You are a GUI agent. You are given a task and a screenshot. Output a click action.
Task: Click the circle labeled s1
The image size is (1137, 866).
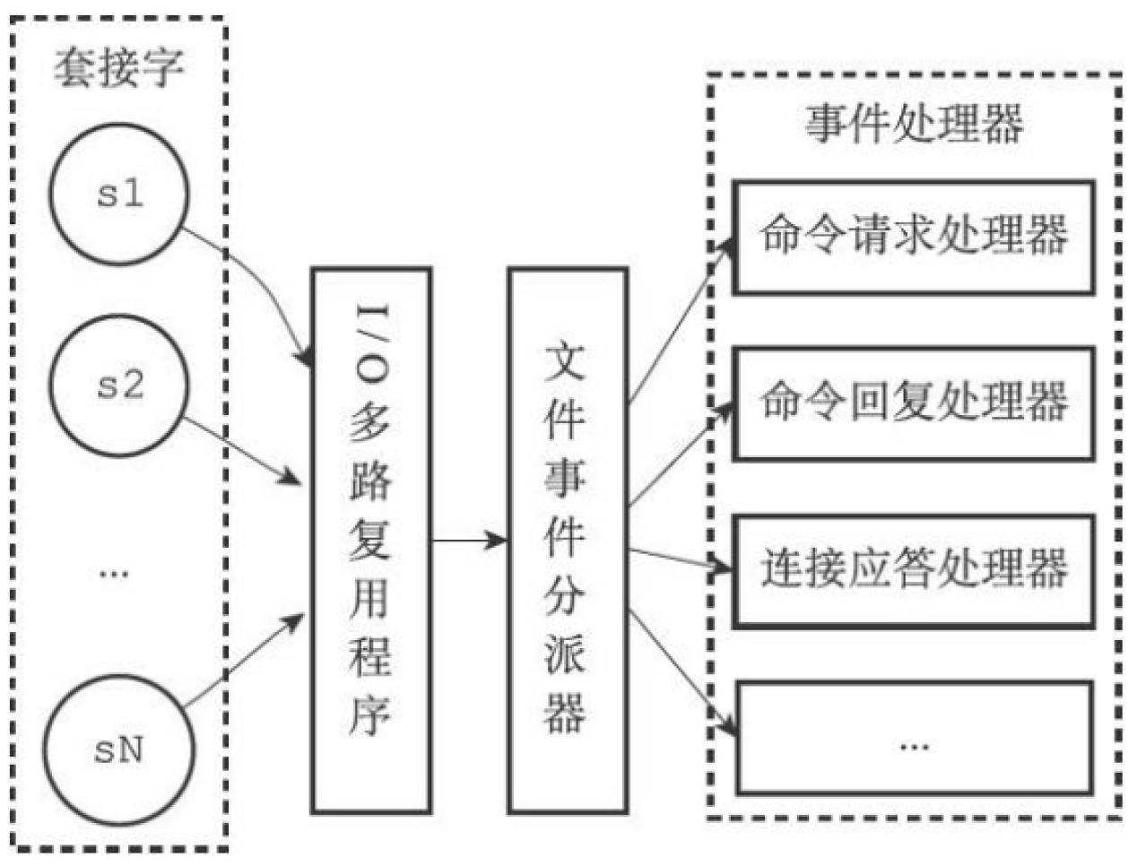click(x=119, y=194)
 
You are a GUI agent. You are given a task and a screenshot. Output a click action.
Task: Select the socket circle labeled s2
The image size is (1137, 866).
click(x=119, y=385)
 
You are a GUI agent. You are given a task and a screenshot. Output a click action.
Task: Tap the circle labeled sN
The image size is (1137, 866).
click(x=119, y=749)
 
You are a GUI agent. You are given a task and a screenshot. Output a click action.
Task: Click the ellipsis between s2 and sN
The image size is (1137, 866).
click(x=114, y=572)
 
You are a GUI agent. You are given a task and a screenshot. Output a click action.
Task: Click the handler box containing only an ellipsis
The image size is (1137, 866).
click(x=913, y=738)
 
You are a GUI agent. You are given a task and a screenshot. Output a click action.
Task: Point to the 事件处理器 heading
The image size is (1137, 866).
click(x=913, y=124)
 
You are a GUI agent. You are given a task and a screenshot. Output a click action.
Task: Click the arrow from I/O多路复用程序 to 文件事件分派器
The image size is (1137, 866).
click(x=468, y=541)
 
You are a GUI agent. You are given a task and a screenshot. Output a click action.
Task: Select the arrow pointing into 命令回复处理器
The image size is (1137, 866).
click(x=681, y=457)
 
